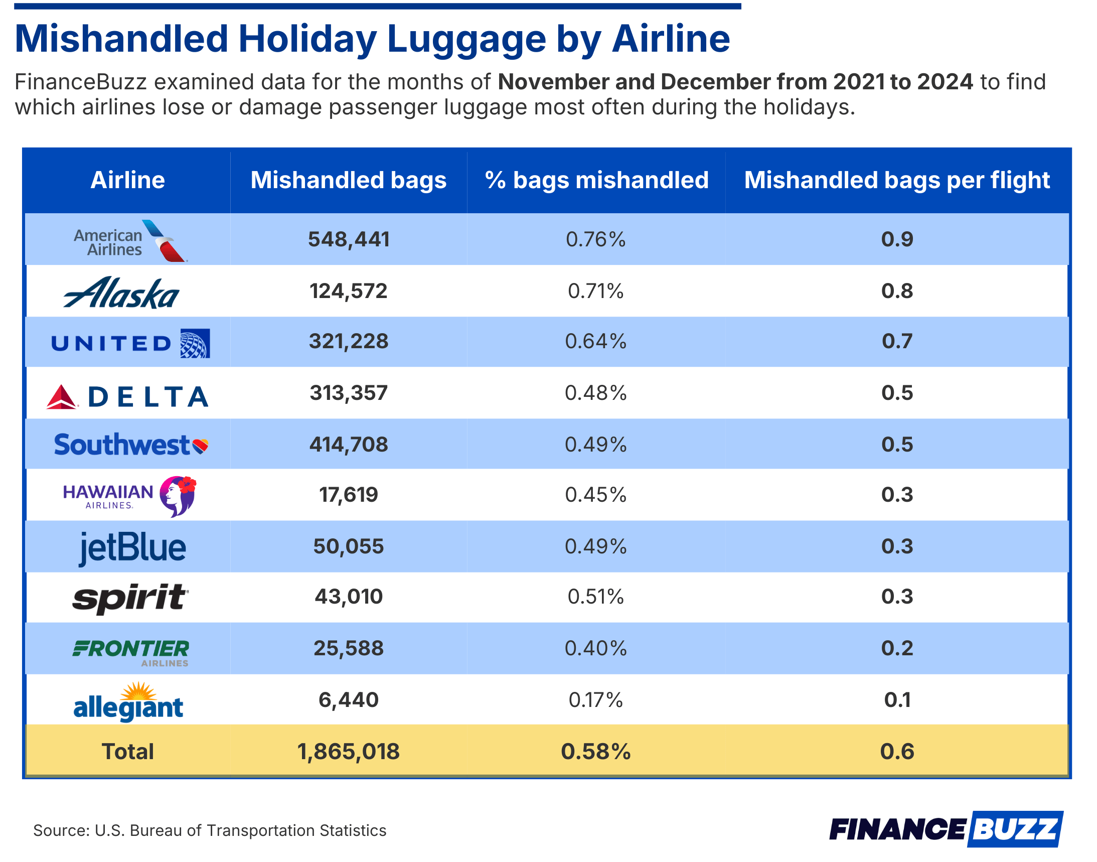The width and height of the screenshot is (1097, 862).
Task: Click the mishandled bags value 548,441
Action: [x=349, y=240]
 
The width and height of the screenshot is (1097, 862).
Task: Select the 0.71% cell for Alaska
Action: [x=596, y=292]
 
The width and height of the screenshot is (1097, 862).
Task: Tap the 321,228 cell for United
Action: [x=349, y=342]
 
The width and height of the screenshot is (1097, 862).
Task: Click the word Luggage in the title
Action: [x=467, y=39]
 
